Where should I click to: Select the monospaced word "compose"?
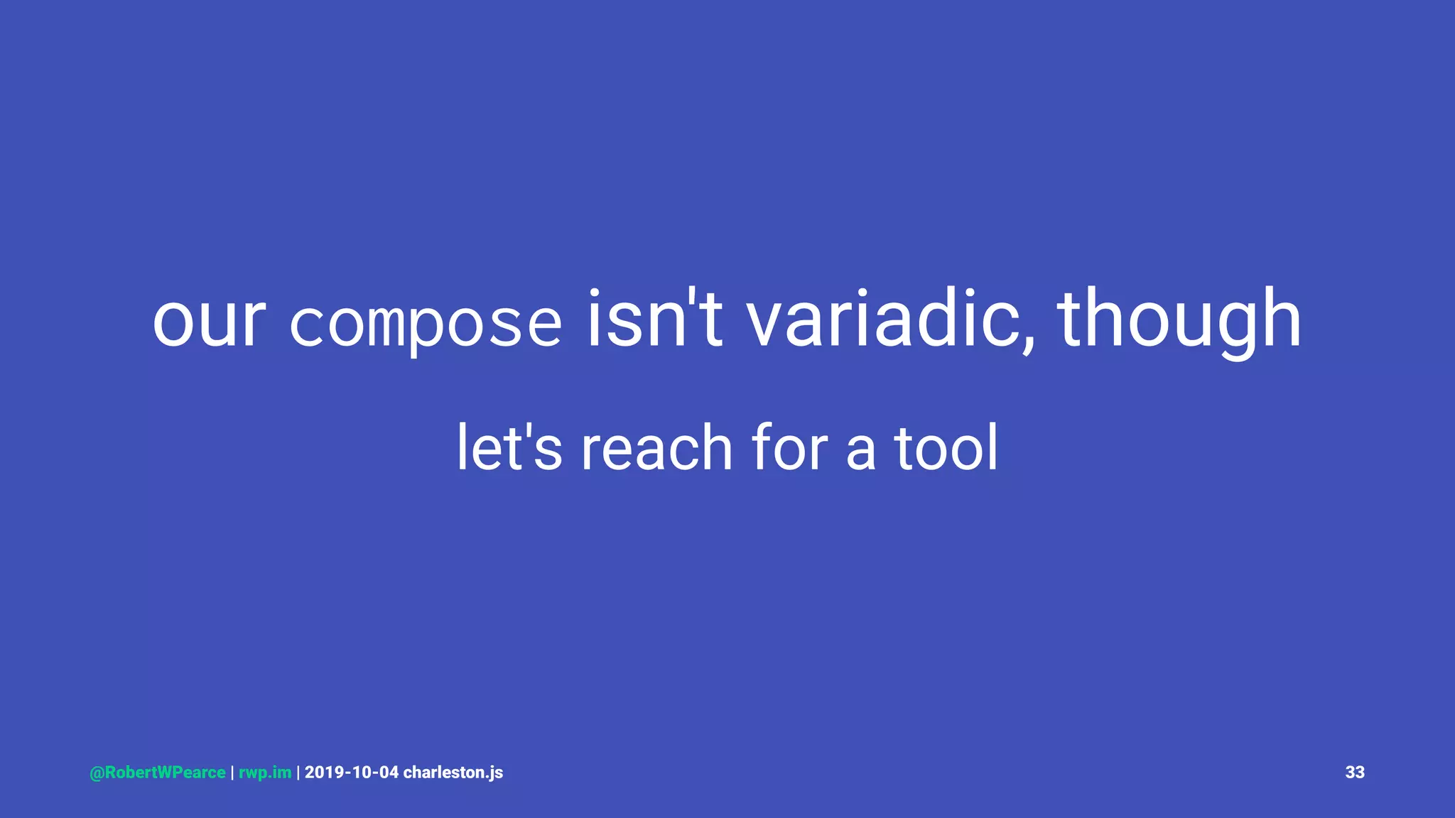pyautogui.click(x=426, y=325)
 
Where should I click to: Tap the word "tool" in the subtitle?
pyautogui.click(x=946, y=447)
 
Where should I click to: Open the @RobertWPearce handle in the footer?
pyautogui.click(x=158, y=773)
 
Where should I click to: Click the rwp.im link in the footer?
pyautogui.click(x=265, y=773)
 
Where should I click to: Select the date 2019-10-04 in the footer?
pyautogui.click(x=352, y=773)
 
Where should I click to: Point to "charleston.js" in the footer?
pyautogui.click(x=453, y=773)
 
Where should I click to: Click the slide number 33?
pyautogui.click(x=1354, y=773)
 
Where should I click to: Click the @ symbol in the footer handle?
pyautogui.click(x=97, y=773)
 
